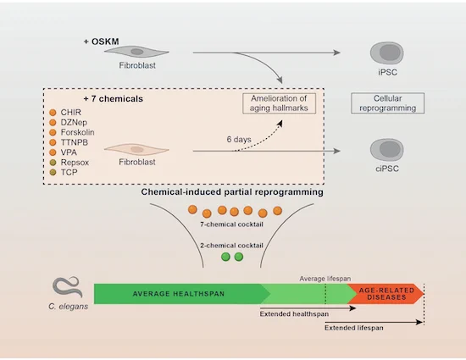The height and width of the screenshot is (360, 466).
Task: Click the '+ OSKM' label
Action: click(x=102, y=42)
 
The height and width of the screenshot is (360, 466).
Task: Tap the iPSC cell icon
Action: click(x=386, y=53)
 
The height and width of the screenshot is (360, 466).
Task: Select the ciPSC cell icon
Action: click(x=386, y=149)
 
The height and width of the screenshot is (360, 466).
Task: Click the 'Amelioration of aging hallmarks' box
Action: click(x=279, y=103)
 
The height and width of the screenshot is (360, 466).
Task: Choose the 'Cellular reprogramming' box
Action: click(x=387, y=103)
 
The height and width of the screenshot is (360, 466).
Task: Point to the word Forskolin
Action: click(x=78, y=132)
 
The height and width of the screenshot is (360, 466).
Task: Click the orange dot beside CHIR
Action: click(x=53, y=113)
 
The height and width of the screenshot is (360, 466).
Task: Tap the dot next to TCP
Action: click(x=53, y=172)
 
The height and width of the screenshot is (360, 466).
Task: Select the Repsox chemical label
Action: click(x=75, y=163)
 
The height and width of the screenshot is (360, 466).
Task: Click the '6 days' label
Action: click(x=239, y=139)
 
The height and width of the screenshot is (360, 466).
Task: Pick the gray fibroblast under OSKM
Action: click(x=136, y=52)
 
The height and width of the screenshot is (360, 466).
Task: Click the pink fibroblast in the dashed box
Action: click(x=136, y=149)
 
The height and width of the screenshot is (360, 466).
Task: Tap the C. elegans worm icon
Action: click(x=68, y=286)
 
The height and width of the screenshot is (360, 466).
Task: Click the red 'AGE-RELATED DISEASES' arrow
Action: click(x=386, y=294)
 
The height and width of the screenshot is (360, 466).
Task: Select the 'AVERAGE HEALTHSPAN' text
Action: click(x=178, y=294)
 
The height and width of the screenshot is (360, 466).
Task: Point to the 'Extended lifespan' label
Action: click(x=353, y=328)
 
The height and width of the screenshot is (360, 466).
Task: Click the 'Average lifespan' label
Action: click(x=325, y=279)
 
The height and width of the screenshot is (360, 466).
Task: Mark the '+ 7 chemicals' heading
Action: click(x=114, y=98)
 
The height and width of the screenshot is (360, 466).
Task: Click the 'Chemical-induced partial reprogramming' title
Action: click(x=232, y=192)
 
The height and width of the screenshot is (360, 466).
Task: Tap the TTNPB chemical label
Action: click(x=75, y=142)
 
